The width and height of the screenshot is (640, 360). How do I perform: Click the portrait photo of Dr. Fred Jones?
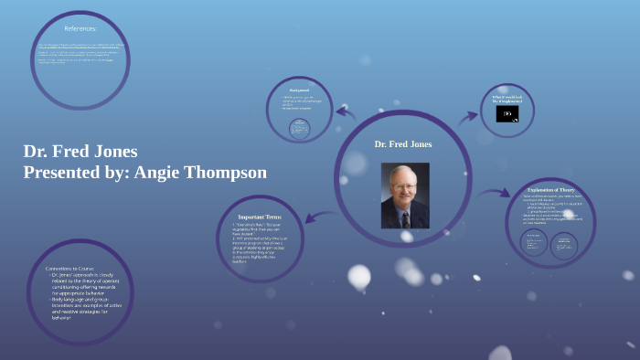[x=404, y=196]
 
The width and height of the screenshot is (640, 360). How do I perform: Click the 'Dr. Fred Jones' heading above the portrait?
[x=403, y=144]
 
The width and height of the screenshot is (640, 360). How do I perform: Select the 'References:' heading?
[x=80, y=28]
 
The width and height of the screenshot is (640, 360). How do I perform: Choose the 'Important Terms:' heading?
[x=263, y=216]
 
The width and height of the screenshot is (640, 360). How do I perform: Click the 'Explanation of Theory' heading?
[x=550, y=190]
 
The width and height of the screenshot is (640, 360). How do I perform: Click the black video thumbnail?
[x=507, y=114]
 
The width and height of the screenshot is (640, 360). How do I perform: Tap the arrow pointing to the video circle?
[x=468, y=116]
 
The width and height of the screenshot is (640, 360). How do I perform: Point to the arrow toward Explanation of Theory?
[x=494, y=193]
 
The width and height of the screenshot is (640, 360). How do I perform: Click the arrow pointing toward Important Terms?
[x=317, y=217]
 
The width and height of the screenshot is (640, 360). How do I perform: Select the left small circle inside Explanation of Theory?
[x=534, y=242]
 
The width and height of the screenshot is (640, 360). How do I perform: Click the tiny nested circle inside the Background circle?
[x=299, y=128]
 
